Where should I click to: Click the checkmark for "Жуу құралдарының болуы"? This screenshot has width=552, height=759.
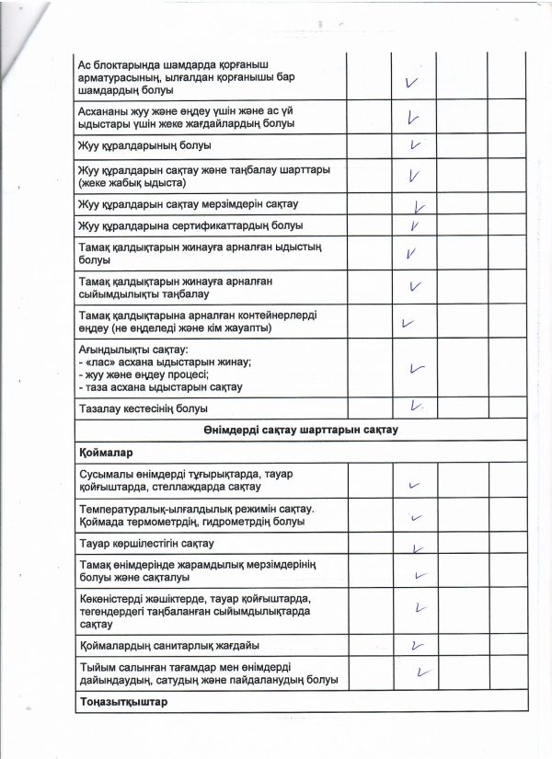(x=417, y=145)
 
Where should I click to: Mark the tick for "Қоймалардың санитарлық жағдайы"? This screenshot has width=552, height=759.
(x=418, y=645)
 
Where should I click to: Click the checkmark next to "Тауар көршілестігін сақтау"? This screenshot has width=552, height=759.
(x=419, y=548)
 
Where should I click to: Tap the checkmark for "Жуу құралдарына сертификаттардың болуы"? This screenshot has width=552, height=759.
(x=416, y=225)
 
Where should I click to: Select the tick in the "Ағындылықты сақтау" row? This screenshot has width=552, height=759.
(x=418, y=368)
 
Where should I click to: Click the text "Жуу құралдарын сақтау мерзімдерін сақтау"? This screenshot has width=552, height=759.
(x=196, y=202)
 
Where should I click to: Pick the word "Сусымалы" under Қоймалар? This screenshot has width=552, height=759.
(x=109, y=472)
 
